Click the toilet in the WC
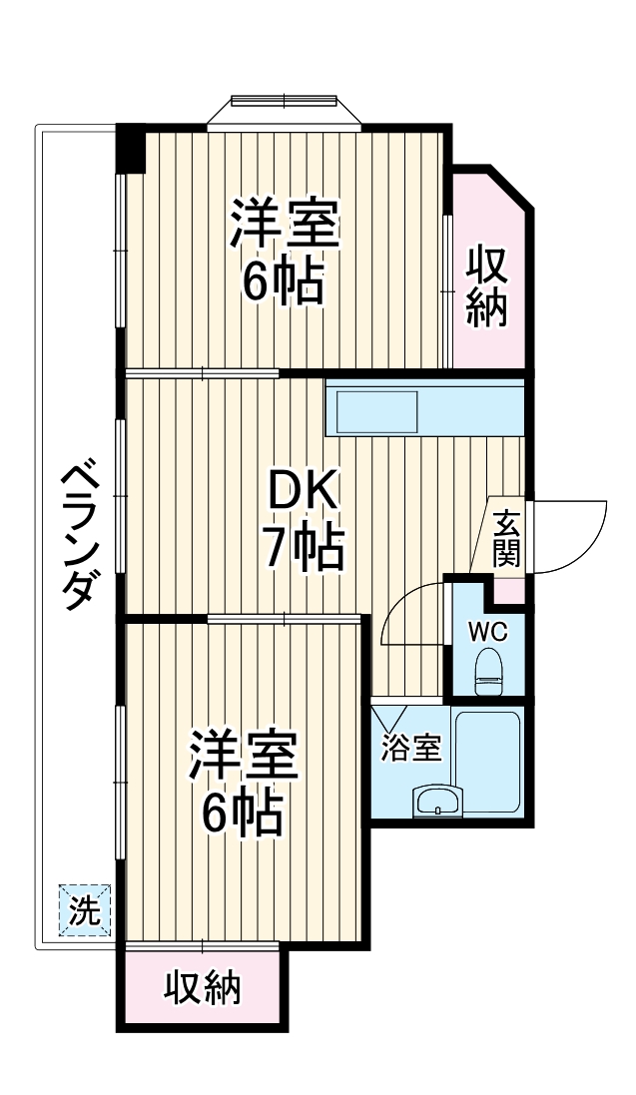click(489, 671)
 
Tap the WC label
click(488, 631)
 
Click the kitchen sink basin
click(377, 411)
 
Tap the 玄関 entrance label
click(506, 540)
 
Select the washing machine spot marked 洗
click(85, 909)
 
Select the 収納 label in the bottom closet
click(203, 988)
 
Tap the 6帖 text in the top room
click(286, 282)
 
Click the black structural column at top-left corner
click(131, 147)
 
